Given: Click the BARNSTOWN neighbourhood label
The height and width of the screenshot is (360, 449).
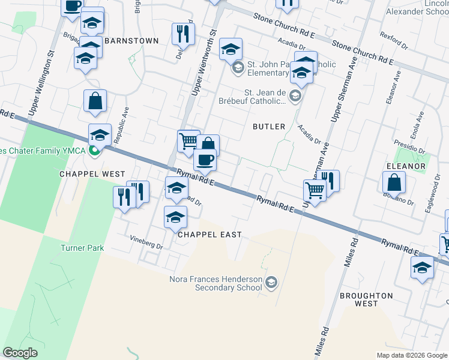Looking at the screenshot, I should [x=131, y=41].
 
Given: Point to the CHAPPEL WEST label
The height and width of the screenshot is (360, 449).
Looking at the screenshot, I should [x=92, y=174].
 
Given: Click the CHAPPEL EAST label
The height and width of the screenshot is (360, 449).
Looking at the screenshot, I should [x=209, y=235].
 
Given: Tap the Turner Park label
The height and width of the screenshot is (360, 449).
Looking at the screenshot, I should [x=82, y=248].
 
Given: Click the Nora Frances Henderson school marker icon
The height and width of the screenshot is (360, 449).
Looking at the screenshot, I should [x=271, y=282].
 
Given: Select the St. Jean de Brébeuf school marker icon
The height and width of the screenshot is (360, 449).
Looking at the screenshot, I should [x=295, y=96].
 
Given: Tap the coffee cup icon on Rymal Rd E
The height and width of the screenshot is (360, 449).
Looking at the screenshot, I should [x=205, y=160].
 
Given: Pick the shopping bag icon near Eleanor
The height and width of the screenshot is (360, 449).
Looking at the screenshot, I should [x=394, y=182].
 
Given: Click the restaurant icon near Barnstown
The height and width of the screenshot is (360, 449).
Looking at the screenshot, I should [x=182, y=34].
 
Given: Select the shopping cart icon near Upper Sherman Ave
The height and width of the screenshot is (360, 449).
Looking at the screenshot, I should [x=314, y=190].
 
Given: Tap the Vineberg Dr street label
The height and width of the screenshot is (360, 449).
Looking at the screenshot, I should [x=146, y=245].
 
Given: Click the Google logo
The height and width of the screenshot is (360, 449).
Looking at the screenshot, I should [x=20, y=353].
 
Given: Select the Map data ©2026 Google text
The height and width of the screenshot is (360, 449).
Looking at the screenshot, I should [x=411, y=355].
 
